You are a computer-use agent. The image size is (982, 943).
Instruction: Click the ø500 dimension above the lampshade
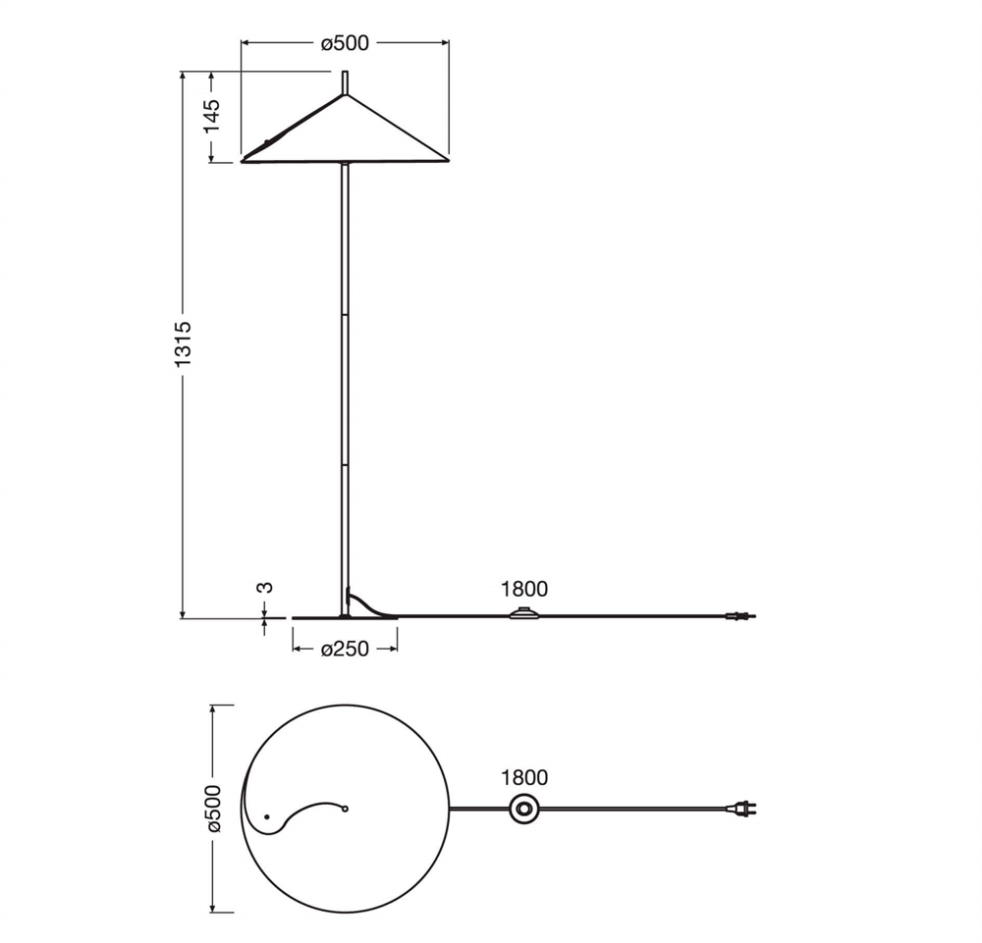pos(345,43)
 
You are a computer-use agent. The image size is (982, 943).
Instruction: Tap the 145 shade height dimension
pos(212,115)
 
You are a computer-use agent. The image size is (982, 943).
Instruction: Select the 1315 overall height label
pos(183,344)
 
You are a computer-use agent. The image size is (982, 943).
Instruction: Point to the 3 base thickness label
pos(265,588)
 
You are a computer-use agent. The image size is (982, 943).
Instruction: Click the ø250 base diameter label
pos(345,649)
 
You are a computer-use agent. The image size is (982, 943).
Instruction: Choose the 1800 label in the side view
pos(524,589)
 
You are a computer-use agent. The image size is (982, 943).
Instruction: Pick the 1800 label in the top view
pos(524,778)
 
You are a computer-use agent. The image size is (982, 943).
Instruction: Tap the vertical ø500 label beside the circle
pos(213,809)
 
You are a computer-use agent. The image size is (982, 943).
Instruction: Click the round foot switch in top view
pos(523,810)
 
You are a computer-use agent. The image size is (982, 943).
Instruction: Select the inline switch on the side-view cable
pos(524,613)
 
